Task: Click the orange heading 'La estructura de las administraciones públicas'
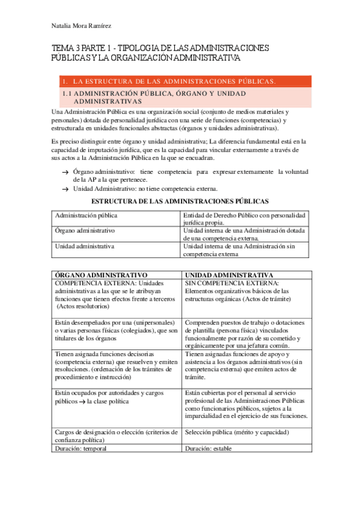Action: click(174, 81)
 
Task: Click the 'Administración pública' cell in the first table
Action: click(87, 215)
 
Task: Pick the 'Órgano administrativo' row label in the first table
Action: click(85, 231)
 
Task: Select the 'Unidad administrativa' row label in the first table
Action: click(85, 246)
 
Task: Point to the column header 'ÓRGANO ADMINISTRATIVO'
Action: click(102, 275)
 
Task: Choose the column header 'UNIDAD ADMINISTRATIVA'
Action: click(230, 275)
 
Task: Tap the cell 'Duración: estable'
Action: click(208, 449)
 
